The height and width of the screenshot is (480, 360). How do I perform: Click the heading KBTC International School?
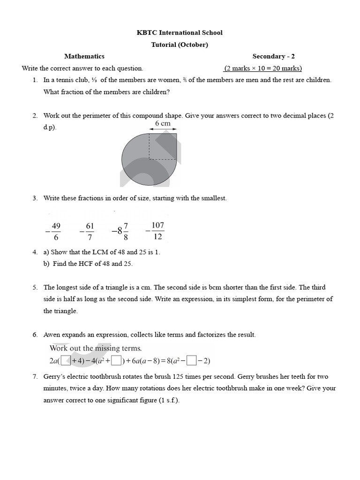[180, 33]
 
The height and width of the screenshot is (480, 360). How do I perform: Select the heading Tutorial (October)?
[180, 45]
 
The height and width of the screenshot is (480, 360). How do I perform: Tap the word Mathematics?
[84, 56]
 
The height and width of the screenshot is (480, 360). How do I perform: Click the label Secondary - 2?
[273, 56]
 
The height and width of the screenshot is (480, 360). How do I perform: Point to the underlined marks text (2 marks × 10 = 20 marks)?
[262, 68]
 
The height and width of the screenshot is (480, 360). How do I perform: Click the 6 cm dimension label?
[163, 123]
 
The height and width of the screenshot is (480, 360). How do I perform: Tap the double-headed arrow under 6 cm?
[163, 130]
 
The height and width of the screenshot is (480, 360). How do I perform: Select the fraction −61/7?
[88, 231]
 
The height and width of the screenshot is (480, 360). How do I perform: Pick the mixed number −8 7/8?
[120, 231]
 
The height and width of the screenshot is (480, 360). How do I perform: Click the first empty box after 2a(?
[66, 360]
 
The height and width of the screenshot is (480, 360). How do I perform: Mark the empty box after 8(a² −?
[191, 360]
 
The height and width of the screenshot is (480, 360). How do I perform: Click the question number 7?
[35, 376]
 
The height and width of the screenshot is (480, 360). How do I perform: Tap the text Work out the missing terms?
[96, 348]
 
